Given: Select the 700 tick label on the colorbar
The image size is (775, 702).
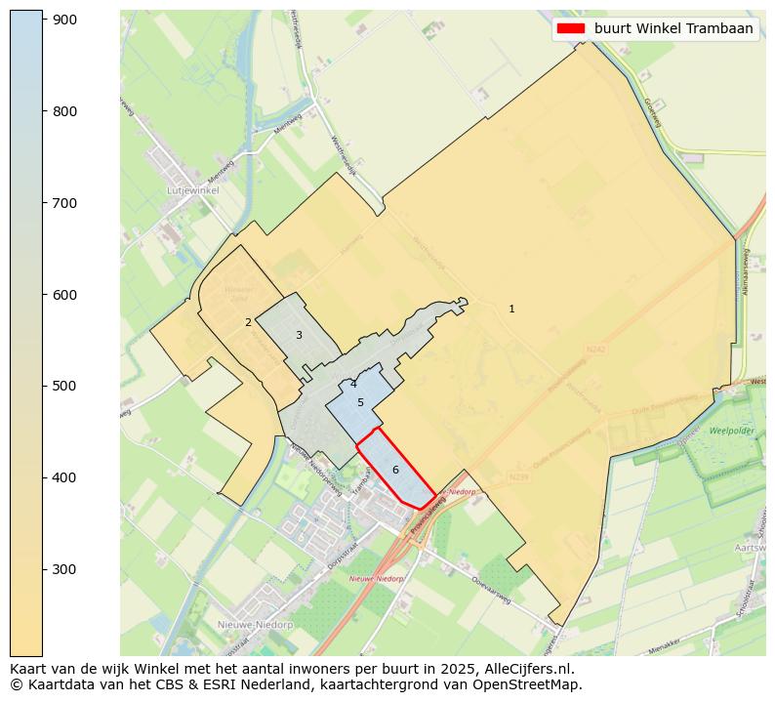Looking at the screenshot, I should (64, 203).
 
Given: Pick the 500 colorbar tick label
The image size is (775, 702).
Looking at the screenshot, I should (64, 386).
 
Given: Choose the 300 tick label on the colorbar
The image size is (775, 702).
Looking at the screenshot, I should (64, 569).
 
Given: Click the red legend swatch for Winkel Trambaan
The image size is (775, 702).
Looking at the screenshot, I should (570, 29).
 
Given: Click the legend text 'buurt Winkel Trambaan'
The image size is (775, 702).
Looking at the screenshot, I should (673, 29).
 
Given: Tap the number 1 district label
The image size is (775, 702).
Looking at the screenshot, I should (511, 309).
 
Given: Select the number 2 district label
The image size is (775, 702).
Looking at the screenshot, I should (248, 322).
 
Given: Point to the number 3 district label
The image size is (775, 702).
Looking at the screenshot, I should (299, 335).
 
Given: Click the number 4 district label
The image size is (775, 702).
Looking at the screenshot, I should (353, 385).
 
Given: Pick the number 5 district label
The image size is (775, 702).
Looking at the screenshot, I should (360, 402).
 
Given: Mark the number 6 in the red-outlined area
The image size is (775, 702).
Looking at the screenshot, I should (395, 470).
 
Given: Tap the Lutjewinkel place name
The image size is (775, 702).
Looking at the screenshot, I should (192, 190).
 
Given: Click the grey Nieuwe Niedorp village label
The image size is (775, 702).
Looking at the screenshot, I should (255, 624).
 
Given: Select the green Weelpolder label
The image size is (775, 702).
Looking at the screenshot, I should (732, 431).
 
